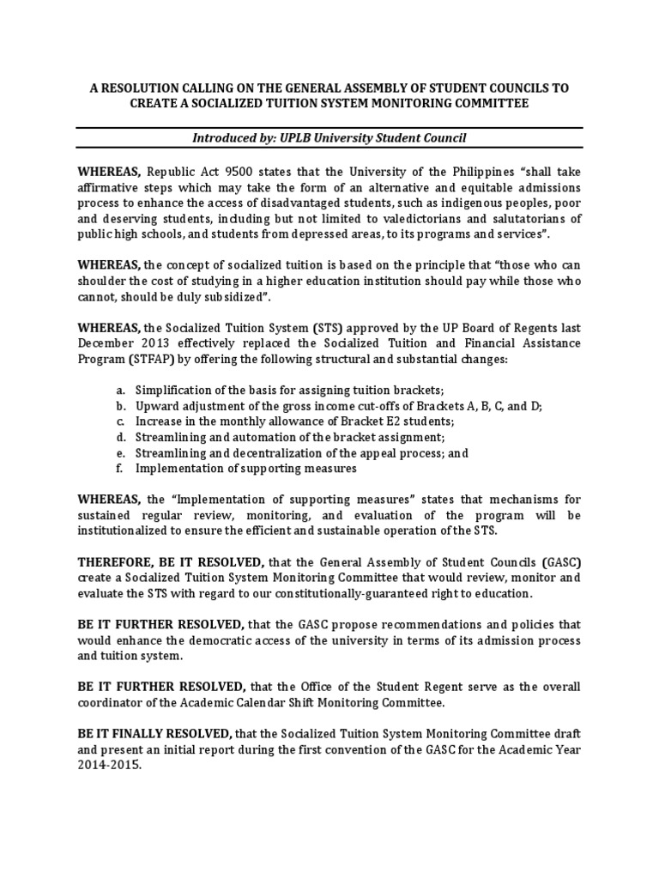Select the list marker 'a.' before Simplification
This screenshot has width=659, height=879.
122,389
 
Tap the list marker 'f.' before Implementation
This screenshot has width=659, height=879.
121,469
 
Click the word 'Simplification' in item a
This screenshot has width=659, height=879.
172,389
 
